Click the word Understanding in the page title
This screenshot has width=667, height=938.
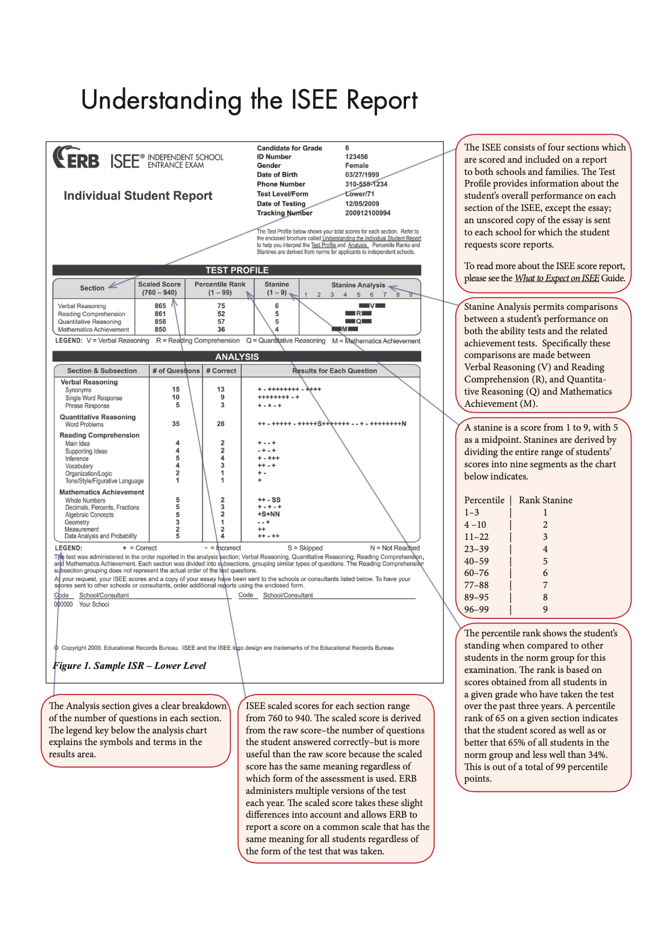[161, 100]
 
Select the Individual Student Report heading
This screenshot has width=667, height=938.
[138, 196]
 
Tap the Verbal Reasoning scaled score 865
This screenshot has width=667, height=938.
[160, 306]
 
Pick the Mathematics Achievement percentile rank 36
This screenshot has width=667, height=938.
[221, 330]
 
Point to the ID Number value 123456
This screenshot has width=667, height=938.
[356, 157]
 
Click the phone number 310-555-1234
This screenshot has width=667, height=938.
[366, 184]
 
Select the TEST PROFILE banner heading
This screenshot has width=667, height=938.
[236, 270]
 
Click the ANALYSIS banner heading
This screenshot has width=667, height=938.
[236, 357]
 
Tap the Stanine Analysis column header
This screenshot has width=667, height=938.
[358, 285]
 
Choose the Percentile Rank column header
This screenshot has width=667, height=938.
[220, 288]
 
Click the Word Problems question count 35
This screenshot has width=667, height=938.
[175, 424]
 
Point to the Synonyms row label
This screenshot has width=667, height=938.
[78, 391]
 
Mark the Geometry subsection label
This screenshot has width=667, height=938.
[77, 522]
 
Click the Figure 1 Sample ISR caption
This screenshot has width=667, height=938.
[130, 666]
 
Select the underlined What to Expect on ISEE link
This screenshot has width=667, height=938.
[557, 278]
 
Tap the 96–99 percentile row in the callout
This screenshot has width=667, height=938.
[476, 610]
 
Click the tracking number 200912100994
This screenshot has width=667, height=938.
[368, 213]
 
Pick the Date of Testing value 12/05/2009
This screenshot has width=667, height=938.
[362, 204]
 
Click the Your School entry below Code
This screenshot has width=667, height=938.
[94, 605]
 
